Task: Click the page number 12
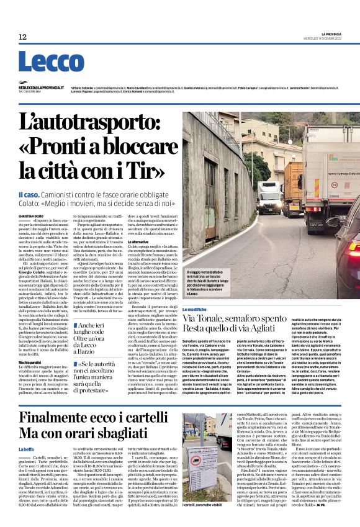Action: [x=22, y=37]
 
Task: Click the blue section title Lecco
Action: [x=43, y=61]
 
